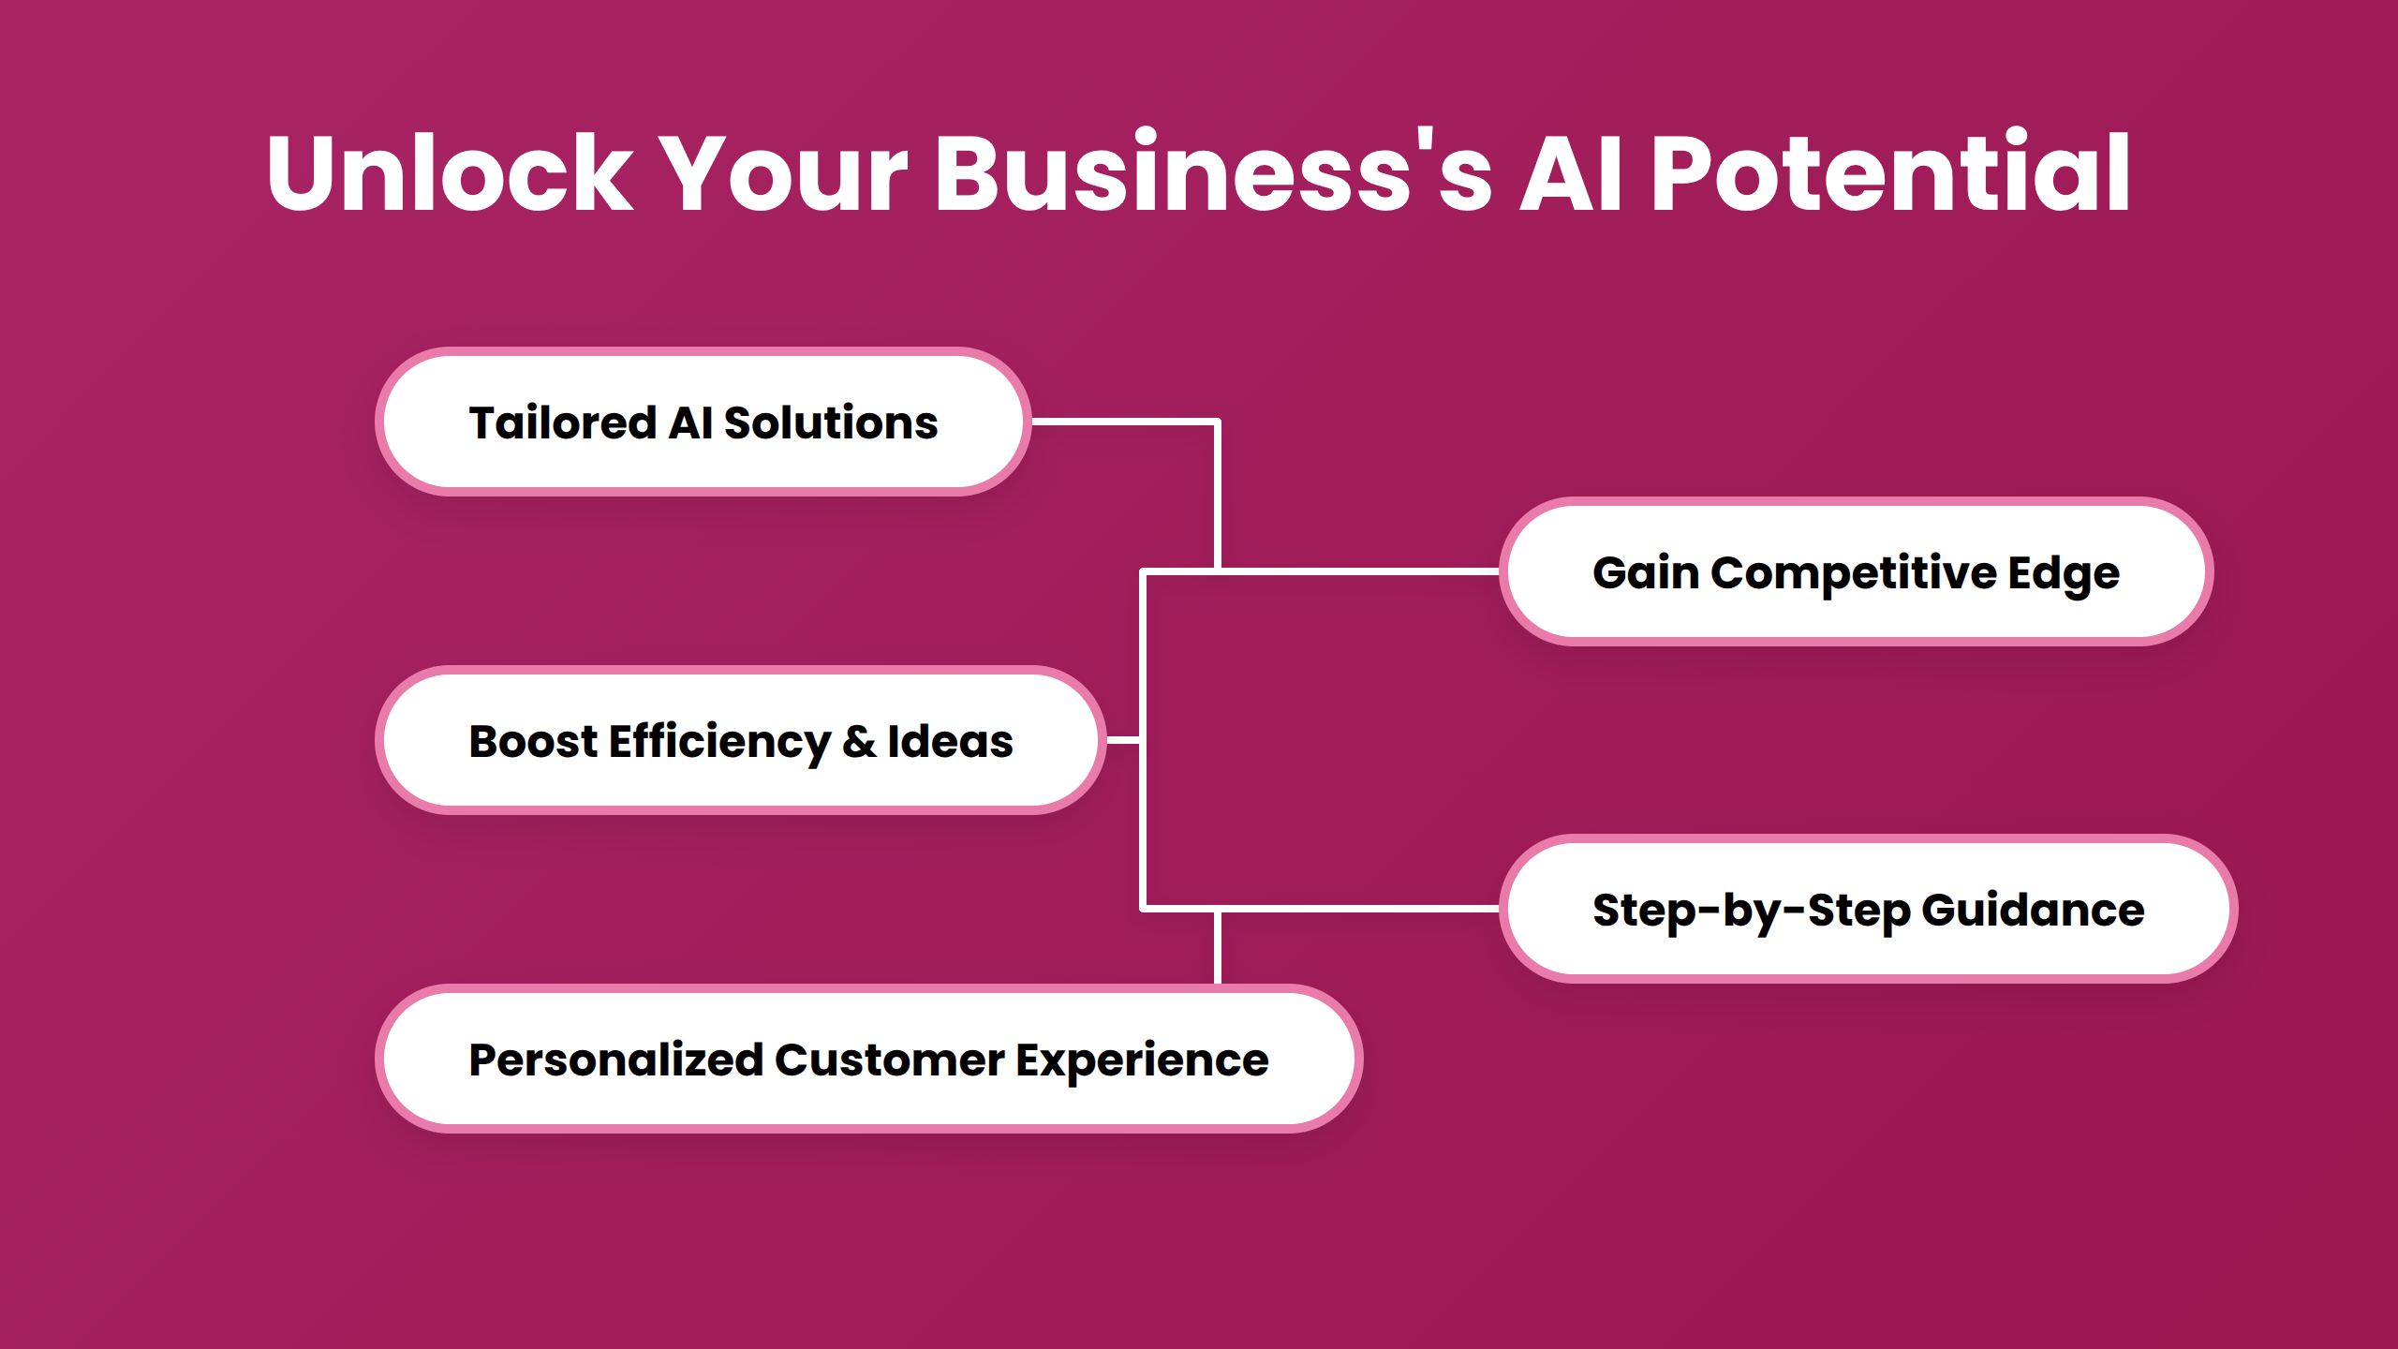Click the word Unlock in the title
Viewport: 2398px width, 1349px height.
(x=450, y=174)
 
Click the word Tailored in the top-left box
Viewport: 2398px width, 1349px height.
(x=562, y=422)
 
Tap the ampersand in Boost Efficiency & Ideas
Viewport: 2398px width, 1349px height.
(x=859, y=742)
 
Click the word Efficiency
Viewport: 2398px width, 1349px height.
(x=719, y=742)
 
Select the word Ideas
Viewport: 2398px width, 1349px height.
(x=950, y=742)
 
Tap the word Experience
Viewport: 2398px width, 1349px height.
(x=1142, y=1060)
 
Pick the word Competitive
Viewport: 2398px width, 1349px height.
(x=1854, y=573)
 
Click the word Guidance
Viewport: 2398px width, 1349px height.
(x=2033, y=911)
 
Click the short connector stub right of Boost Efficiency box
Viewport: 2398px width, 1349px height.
(x=1123, y=740)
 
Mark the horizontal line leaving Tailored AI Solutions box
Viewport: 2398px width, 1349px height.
(x=1124, y=422)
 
